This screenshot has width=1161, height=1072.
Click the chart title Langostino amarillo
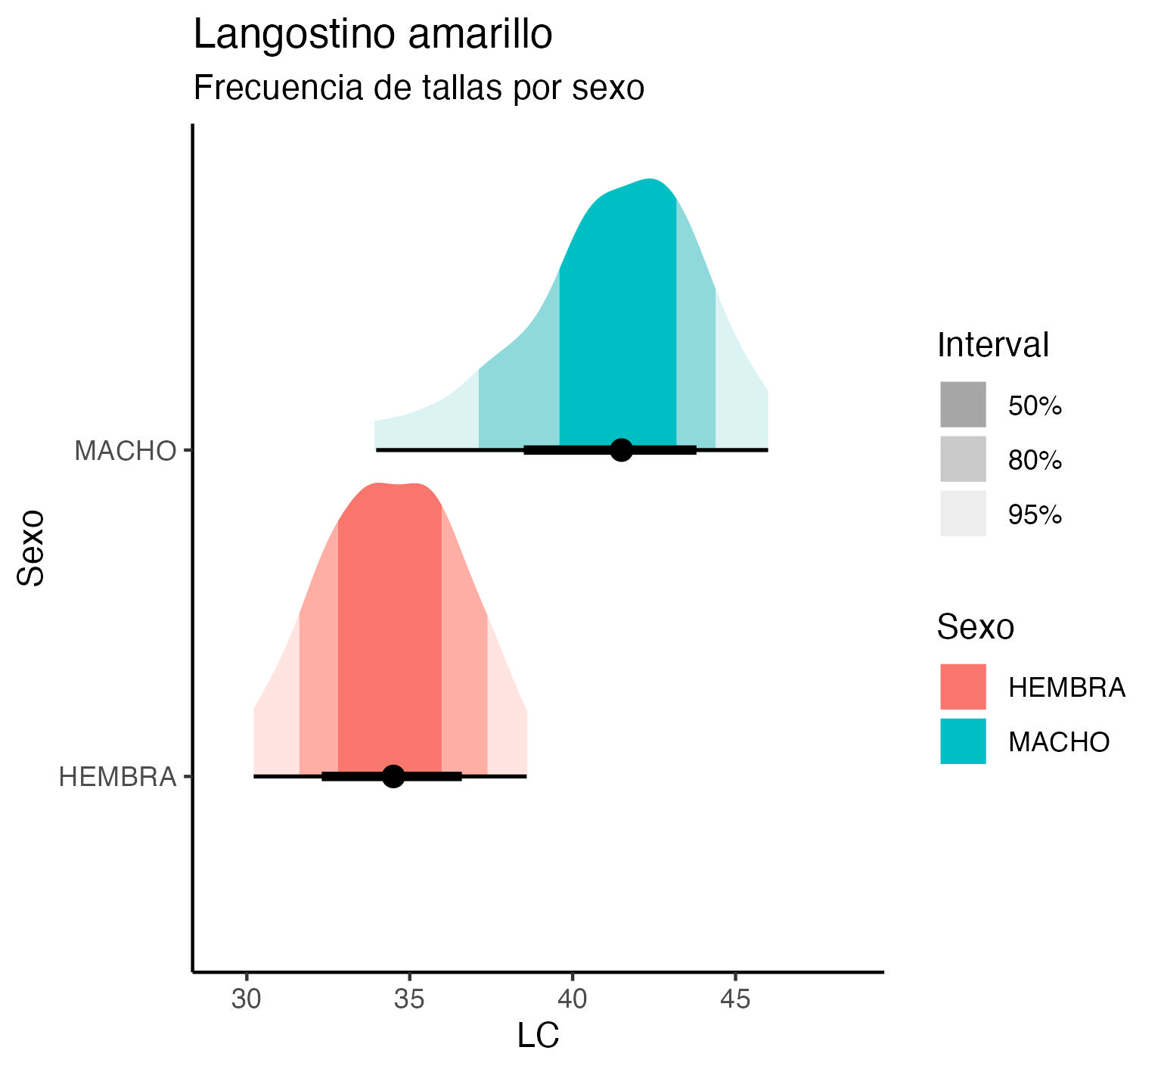372,36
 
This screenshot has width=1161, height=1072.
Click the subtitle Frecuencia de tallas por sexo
418,88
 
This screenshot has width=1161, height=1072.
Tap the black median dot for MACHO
621,449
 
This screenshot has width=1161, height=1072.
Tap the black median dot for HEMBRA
393,775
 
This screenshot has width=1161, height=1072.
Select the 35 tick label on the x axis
409,999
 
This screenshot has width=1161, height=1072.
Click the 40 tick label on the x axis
573,999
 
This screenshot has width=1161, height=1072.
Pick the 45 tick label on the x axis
735,999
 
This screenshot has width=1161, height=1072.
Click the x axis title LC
538,1036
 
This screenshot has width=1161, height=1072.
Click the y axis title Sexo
32,548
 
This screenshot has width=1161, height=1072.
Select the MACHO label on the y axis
125,451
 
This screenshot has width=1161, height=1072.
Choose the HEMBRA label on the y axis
117,777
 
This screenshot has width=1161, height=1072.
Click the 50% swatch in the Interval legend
963,405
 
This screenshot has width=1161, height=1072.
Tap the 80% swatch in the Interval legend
963,459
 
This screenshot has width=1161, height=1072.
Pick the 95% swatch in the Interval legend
963,514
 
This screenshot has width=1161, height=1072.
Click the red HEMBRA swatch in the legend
963,687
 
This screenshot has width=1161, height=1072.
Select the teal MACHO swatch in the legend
963,741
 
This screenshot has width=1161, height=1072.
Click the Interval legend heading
992,346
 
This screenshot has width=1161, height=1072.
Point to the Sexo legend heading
975,627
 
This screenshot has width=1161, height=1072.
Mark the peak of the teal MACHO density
650,180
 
